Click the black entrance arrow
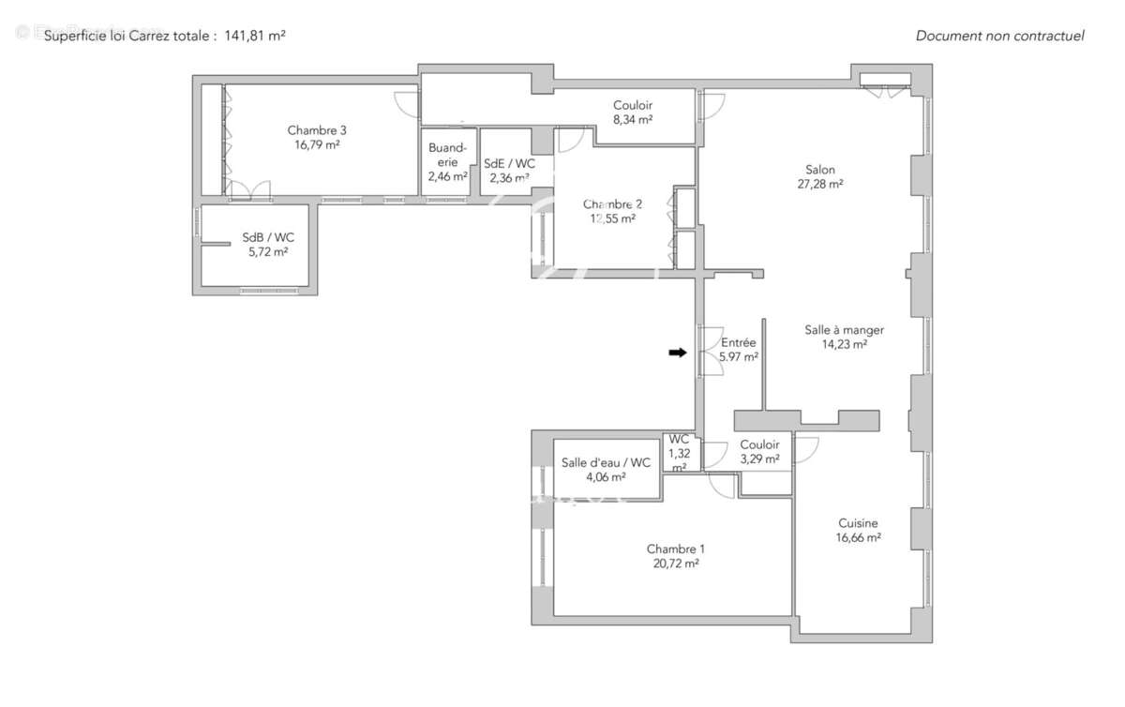click(676, 353)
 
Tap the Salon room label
click(819, 170)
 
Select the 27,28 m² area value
click(819, 185)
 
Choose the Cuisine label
click(858, 523)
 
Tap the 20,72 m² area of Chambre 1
click(676, 564)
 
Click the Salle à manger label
click(844, 330)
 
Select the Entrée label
click(738, 342)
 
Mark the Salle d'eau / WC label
click(606, 462)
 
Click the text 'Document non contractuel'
click(999, 37)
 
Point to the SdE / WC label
click(509, 162)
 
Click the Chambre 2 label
click(612, 204)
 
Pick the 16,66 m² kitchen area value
click(858, 538)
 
